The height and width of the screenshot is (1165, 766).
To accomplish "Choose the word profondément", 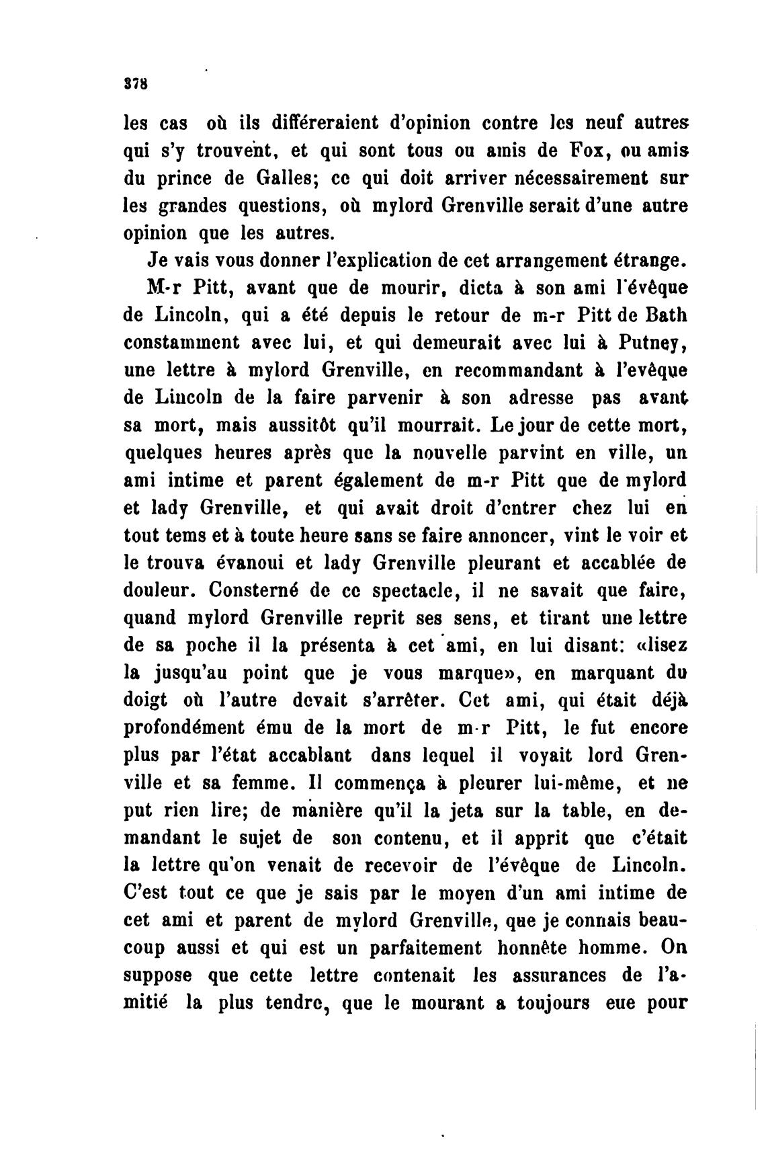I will (177, 729).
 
